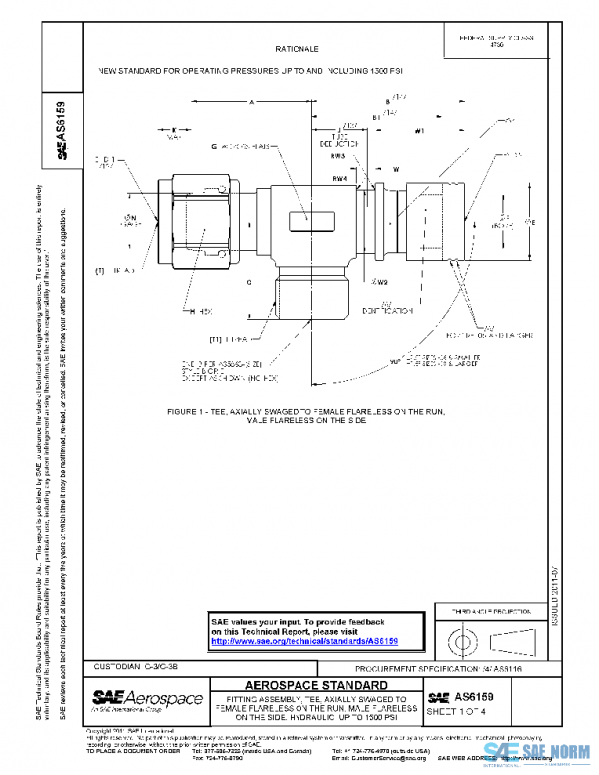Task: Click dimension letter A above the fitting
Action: click(254, 102)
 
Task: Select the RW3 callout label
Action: click(339, 157)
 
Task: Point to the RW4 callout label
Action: click(339, 178)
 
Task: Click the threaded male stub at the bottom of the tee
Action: click(306, 297)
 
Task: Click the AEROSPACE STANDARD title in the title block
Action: click(315, 686)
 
